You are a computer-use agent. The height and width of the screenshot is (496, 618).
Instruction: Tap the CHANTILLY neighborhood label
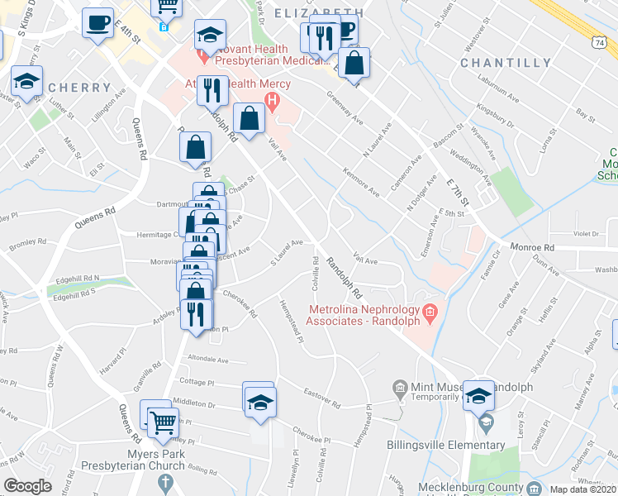pos(506,63)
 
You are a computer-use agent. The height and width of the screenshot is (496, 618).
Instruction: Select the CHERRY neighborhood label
pos(80,88)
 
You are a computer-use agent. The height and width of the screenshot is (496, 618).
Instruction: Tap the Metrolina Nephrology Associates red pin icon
pos(429,313)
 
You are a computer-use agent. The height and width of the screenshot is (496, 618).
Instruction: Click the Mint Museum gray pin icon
pos(400,387)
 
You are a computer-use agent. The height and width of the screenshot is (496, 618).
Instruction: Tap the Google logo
pos(28,486)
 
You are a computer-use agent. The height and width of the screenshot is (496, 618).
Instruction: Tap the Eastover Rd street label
pos(321,400)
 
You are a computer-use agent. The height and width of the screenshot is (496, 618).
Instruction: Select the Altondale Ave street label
pos(208,360)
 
